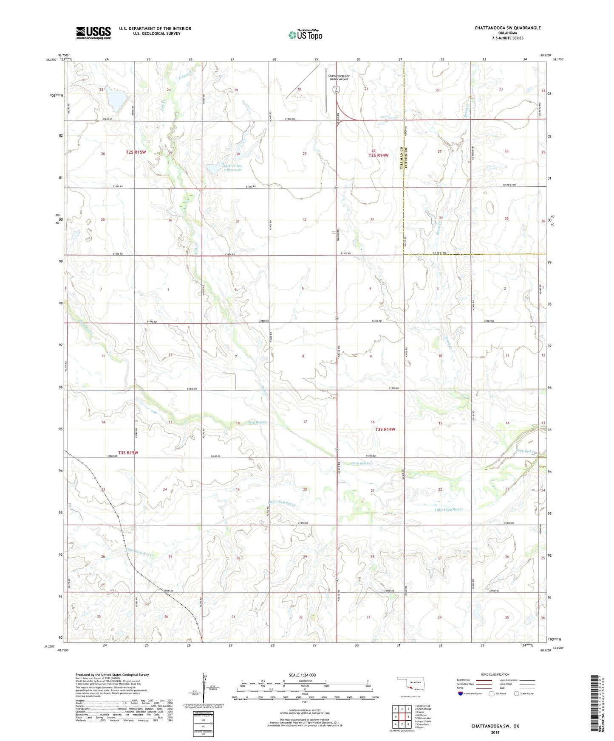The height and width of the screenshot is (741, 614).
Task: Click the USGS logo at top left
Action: coord(93,33)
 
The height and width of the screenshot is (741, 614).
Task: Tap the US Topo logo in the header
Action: coord(305,34)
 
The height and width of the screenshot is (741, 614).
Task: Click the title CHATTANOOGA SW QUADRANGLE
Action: coord(508,28)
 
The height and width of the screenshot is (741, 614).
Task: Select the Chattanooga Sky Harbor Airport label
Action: coord(338,77)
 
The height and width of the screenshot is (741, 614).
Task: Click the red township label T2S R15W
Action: coord(136,152)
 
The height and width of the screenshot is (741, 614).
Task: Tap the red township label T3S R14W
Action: coord(385,429)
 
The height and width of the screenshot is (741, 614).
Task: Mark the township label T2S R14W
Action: coord(378,155)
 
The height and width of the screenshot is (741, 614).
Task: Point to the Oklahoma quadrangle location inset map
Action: coord(410,685)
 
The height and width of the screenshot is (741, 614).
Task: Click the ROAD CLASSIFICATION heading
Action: coord(495,674)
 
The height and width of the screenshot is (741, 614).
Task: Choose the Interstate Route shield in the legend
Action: coord(461,693)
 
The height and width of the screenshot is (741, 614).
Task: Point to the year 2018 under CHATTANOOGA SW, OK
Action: coord(495,732)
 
